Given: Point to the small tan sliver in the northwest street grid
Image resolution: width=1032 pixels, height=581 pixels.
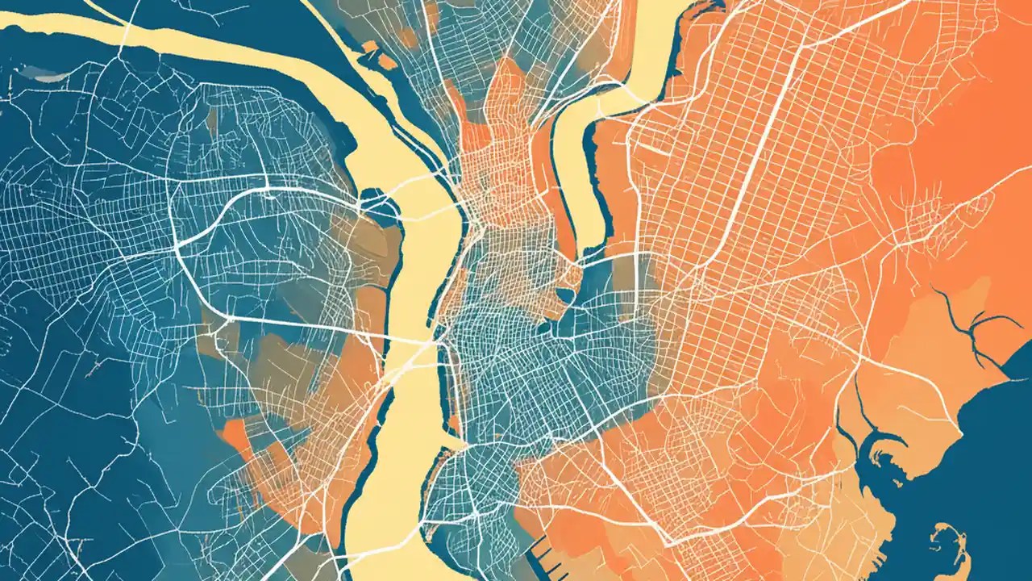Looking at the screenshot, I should coord(212,121).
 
